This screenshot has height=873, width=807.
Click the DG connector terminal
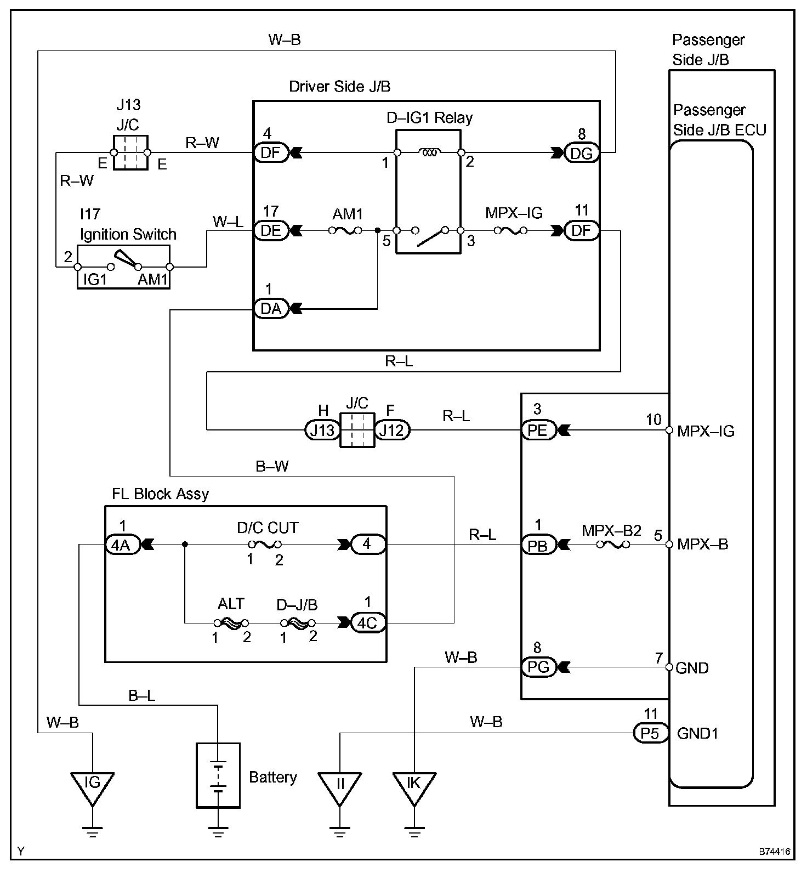click(x=582, y=153)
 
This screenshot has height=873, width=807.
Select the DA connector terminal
click(x=271, y=309)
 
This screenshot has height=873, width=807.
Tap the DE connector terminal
click(x=271, y=230)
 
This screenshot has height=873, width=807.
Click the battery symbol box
click(x=218, y=775)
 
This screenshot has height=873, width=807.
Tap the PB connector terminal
click(x=538, y=545)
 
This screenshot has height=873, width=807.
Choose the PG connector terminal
click(x=538, y=667)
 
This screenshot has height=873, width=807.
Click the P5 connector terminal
click(x=651, y=733)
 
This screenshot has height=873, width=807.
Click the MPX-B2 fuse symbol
click(x=612, y=545)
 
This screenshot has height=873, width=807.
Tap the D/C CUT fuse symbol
click(x=265, y=545)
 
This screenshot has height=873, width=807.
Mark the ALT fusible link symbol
click(x=231, y=623)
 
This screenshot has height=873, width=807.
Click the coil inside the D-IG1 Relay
click(x=429, y=153)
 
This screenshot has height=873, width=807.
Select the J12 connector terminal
click(x=392, y=430)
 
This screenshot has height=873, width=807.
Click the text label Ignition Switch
click(x=128, y=235)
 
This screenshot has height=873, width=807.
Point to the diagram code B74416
click(x=775, y=852)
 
